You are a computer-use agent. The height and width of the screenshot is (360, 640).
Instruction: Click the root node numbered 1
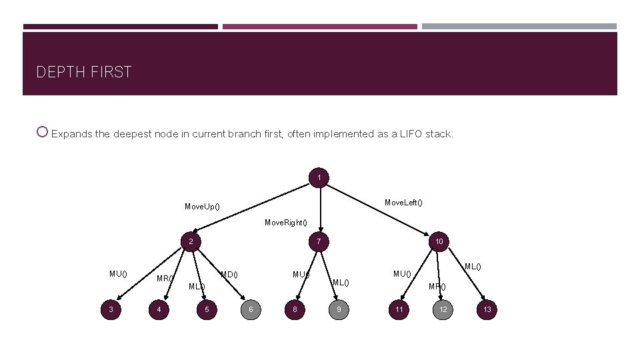pos(319,177)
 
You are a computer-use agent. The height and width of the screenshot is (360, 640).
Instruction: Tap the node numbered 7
pos(319,241)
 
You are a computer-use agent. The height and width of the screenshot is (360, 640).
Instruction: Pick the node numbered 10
pos(439,241)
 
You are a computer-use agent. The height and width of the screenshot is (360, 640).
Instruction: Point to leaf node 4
pos(159,309)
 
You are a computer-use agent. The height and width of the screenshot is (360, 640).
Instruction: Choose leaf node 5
pos(207,309)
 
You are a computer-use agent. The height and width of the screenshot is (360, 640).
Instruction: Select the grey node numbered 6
pos(251,309)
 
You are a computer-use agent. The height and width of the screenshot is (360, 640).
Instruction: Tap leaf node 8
pos(294,309)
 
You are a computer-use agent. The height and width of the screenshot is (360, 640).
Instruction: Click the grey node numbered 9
pos(339,309)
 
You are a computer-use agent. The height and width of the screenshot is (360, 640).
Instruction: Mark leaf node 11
pos(399,309)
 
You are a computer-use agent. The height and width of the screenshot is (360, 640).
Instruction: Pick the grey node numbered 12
pos(443,309)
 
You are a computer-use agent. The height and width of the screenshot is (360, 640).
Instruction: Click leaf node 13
pos(487,309)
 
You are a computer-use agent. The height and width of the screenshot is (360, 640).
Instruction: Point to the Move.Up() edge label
pos(203,207)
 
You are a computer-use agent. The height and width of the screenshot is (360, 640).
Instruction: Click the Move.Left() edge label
pos(403,202)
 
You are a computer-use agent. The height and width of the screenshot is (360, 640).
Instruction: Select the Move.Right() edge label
pos(286,222)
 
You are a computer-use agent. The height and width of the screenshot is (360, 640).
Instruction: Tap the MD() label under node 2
pos(229,274)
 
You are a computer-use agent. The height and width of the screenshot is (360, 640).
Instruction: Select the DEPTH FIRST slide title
pos(84,72)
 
